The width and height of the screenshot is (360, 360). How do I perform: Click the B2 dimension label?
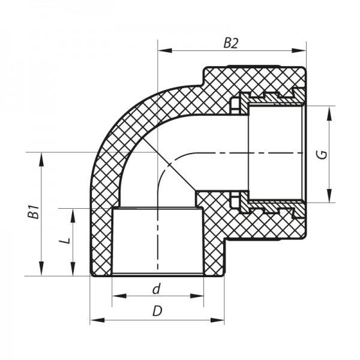[x=231, y=43]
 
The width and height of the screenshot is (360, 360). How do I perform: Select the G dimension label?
[x=322, y=154]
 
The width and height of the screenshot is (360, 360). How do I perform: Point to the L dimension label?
[x=67, y=241]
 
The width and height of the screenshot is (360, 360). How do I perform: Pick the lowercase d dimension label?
[x=157, y=289]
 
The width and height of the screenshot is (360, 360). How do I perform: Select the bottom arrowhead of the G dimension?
[x=329, y=199]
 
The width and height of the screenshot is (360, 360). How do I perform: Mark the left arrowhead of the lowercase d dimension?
[x=116, y=296]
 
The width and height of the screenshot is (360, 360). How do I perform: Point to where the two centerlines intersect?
[x=157, y=154]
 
